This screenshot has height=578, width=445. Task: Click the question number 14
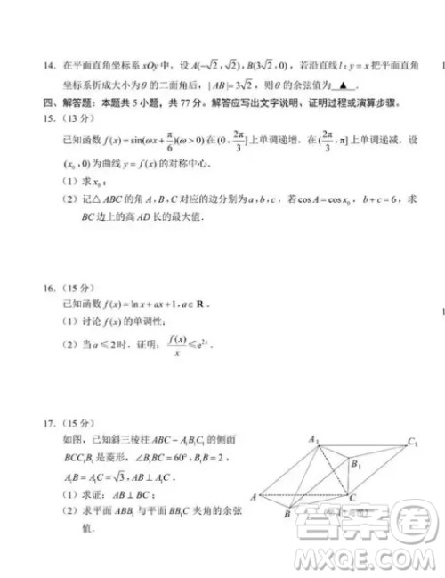tap(47, 66)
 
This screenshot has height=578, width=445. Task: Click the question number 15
tap(47, 118)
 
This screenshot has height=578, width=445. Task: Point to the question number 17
tap(47, 421)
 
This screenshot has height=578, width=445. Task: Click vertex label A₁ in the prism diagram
tap(313, 437)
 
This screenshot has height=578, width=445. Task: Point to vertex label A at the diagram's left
tap(255, 495)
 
